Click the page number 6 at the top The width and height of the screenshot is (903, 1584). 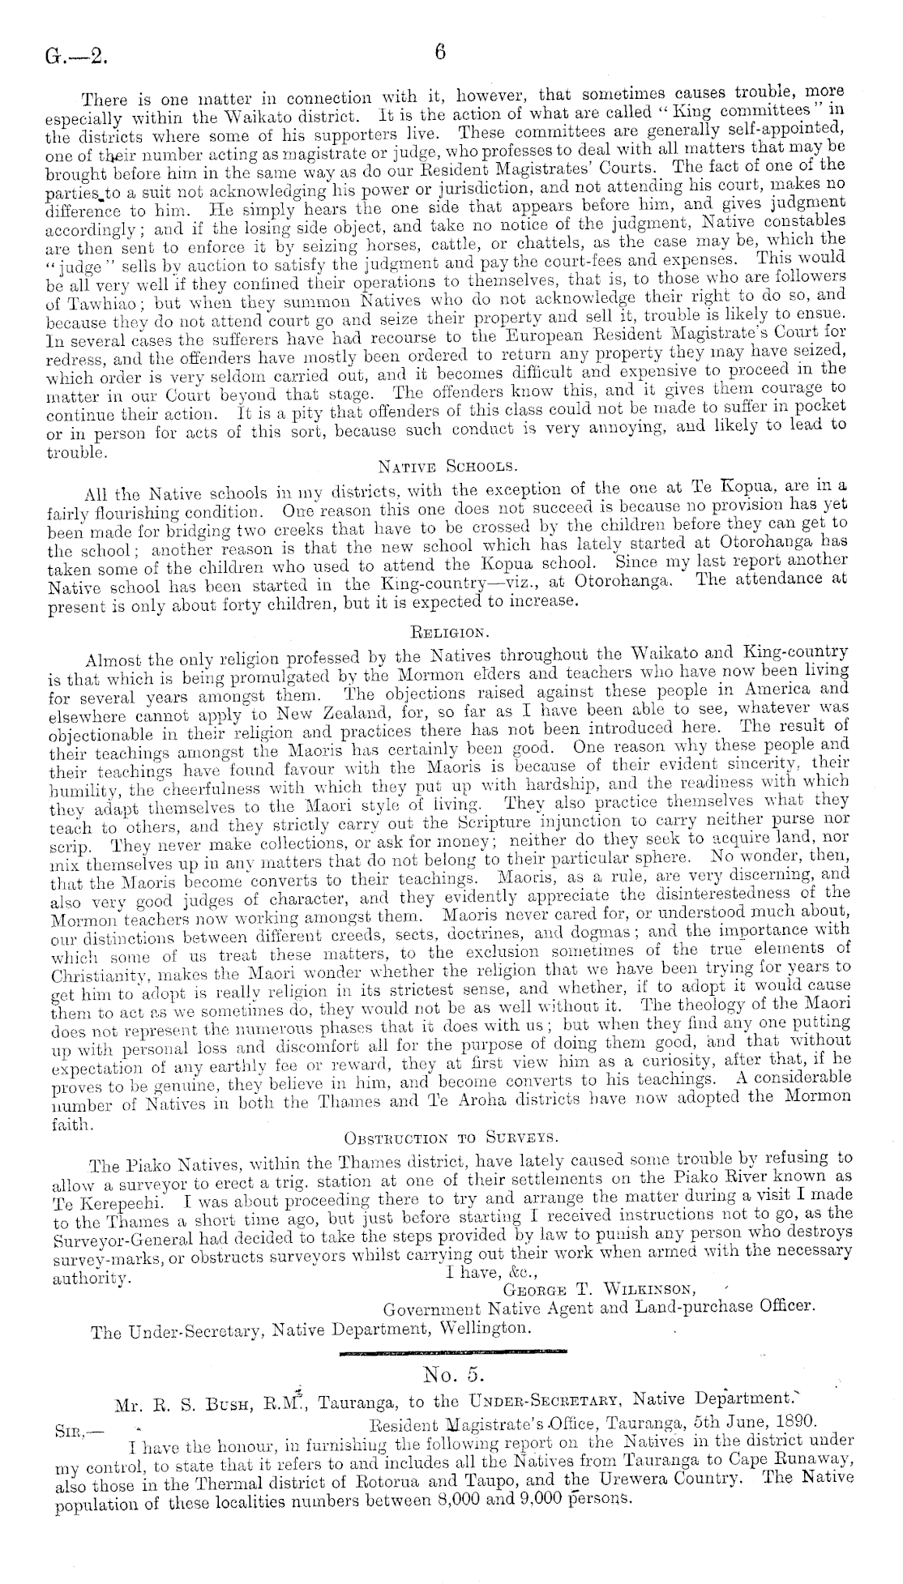(x=440, y=53)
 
